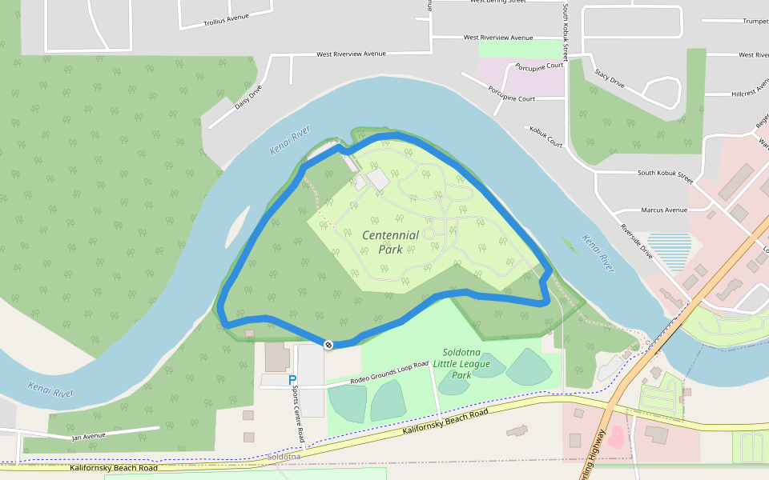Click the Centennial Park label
coord(390,242)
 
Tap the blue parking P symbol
coord(292,381)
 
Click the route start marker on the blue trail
coord(328,345)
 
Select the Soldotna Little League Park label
coord(461,363)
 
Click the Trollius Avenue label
coord(227,18)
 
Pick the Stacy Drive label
coord(610,77)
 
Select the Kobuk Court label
coord(546,136)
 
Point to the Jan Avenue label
coord(88,436)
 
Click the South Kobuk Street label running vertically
coord(565,32)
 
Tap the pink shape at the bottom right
coord(616,437)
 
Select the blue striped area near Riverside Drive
coord(669,250)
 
